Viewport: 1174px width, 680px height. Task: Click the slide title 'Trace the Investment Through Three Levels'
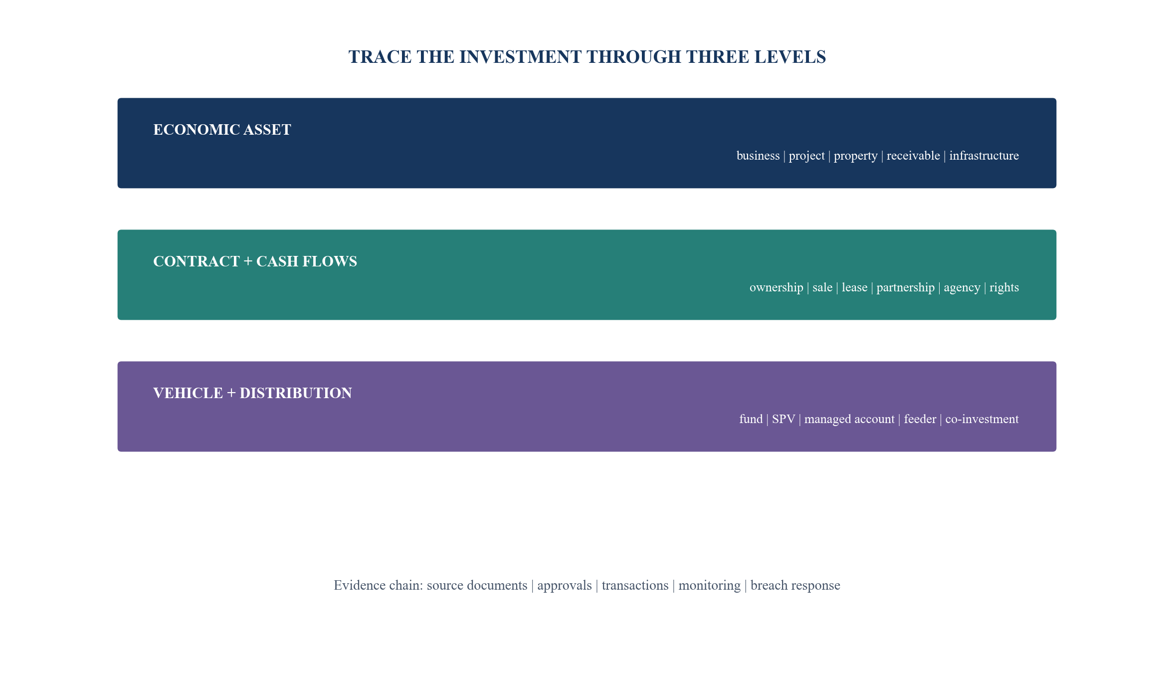(x=587, y=57)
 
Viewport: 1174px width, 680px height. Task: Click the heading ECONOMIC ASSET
(x=222, y=130)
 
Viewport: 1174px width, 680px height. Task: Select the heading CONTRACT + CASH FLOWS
(x=255, y=261)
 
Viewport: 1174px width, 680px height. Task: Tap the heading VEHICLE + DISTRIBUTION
(x=252, y=393)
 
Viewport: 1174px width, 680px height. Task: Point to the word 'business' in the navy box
(x=758, y=156)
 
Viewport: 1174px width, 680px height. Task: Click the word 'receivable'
(x=913, y=156)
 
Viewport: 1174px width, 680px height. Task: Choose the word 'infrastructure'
(x=984, y=156)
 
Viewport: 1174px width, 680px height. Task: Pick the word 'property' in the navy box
(x=855, y=156)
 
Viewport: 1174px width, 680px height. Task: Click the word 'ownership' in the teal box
(x=776, y=288)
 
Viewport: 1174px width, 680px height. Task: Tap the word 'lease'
(x=854, y=287)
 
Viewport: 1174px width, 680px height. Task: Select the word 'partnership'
(x=905, y=288)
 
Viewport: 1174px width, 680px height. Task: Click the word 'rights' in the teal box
(x=1004, y=288)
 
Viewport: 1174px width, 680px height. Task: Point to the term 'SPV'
(x=783, y=419)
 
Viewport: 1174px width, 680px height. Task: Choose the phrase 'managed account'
(x=849, y=420)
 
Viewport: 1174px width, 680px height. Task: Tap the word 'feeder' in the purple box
(x=920, y=419)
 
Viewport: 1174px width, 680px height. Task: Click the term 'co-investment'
(x=982, y=419)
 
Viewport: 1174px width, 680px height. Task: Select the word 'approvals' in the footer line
(x=565, y=586)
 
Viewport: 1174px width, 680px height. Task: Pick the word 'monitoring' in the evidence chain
(x=709, y=586)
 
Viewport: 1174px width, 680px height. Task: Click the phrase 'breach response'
(x=795, y=586)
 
